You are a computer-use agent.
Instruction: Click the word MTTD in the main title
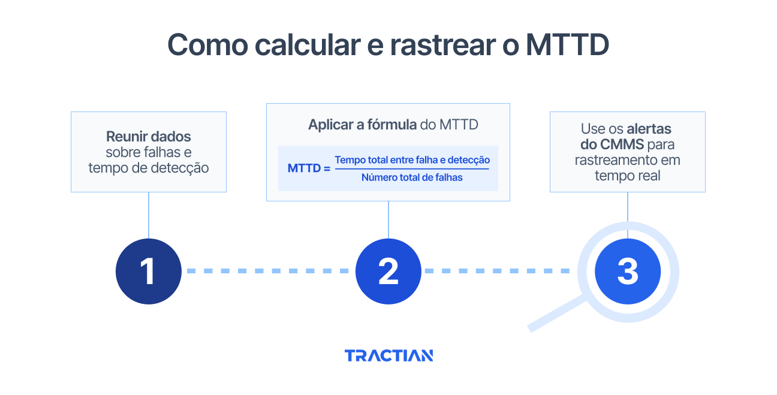click(567, 44)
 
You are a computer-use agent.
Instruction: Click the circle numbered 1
click(148, 271)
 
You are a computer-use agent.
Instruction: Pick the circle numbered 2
click(389, 271)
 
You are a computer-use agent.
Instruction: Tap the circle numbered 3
click(628, 271)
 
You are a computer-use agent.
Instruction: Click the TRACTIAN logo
click(389, 355)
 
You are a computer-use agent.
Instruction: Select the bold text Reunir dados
click(149, 136)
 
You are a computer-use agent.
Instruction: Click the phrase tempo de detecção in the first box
click(149, 168)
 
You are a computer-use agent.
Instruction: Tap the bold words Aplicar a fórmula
click(363, 125)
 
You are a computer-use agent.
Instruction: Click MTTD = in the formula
click(309, 168)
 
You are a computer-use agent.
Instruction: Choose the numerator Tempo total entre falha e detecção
click(412, 160)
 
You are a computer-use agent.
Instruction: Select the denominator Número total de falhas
click(412, 177)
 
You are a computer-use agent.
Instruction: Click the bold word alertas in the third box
click(649, 128)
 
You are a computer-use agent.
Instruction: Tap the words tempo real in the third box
click(627, 176)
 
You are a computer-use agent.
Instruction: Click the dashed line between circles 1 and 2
click(268, 271)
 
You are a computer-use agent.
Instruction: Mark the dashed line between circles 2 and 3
click(496, 271)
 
